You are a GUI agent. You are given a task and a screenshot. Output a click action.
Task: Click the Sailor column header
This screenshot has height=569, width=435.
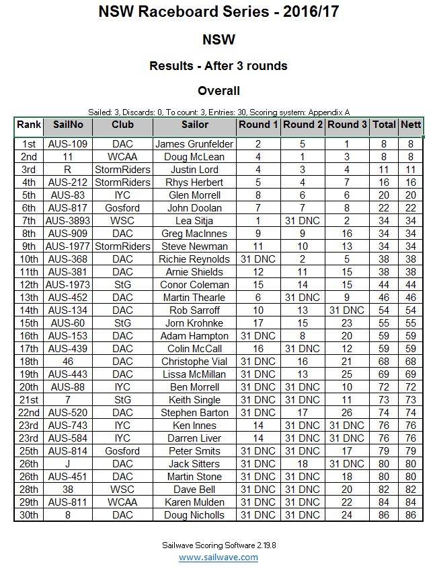coord(194,125)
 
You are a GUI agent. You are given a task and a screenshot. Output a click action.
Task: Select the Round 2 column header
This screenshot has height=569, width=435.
coord(303,125)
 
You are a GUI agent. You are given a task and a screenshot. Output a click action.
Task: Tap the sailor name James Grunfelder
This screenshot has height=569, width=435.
coord(194,144)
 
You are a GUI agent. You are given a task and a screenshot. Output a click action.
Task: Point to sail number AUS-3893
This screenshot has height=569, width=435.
coord(67,221)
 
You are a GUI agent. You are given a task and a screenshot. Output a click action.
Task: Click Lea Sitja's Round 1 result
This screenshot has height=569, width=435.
coord(258,221)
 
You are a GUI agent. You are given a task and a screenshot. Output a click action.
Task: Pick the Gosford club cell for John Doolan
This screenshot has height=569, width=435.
coord(122,208)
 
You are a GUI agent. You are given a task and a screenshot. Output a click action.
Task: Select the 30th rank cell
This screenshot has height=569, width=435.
coord(29,515)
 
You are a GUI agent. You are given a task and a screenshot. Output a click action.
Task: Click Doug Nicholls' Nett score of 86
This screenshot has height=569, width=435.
coord(410,515)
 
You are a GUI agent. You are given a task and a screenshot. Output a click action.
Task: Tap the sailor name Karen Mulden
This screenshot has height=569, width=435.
coord(194,502)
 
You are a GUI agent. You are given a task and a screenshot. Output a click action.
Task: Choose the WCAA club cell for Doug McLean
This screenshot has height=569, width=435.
coord(122,157)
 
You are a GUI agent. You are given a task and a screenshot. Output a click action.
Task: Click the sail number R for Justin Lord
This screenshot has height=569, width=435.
coord(67,170)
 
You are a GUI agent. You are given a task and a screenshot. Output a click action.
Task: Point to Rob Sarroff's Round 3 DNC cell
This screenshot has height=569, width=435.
coord(347,310)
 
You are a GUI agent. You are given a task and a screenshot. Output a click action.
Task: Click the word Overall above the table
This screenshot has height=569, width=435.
coord(219,91)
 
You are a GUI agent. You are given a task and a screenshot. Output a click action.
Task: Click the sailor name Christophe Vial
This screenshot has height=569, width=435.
coord(194,362)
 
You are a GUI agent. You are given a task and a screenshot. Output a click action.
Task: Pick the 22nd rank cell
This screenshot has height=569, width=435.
coord(29,413)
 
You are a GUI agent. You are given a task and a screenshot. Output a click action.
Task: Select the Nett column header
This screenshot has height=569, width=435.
coord(410,125)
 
